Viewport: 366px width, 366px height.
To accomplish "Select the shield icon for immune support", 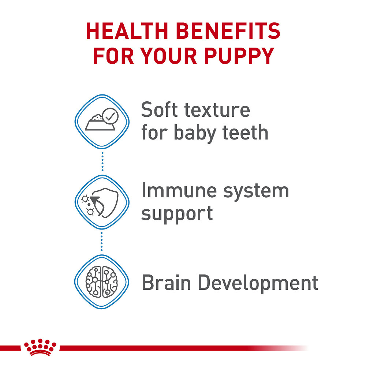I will [x=105, y=202].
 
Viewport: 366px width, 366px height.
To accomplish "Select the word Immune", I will [x=174, y=191].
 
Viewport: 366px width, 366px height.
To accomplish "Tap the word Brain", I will [x=164, y=283].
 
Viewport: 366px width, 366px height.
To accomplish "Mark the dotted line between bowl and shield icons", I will [x=102, y=161].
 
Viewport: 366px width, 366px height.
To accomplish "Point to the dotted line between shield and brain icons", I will [x=102, y=242].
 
